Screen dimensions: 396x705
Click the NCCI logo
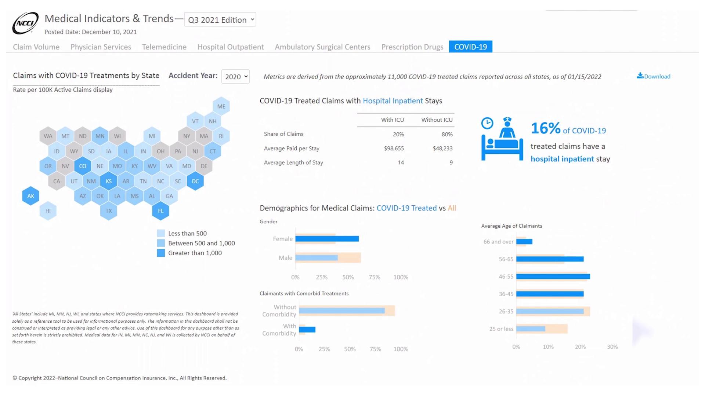(25, 23)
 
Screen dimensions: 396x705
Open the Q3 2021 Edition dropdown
(220, 20)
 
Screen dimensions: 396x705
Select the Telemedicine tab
(164, 47)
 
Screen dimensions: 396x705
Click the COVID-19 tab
(470, 47)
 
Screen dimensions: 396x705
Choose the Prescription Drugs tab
(412, 47)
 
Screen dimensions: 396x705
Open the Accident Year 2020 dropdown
(235, 77)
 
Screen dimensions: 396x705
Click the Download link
(654, 76)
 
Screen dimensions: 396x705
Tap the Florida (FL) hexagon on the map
(160, 211)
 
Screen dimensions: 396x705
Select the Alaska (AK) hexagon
(30, 196)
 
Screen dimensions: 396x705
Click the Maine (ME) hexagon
(221, 106)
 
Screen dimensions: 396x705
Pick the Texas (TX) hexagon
(109, 211)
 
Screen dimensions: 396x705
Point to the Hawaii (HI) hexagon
(48, 211)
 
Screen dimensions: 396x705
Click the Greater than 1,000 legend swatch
(161, 253)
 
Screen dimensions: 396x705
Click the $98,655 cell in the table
(394, 148)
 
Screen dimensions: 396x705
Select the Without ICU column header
(437, 120)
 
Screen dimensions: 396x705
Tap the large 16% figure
(545, 128)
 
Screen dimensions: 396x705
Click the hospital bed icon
(502, 139)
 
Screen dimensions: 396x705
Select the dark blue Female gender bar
(327, 239)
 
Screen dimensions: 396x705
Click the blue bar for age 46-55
(553, 276)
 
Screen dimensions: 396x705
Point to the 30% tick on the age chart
(612, 346)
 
